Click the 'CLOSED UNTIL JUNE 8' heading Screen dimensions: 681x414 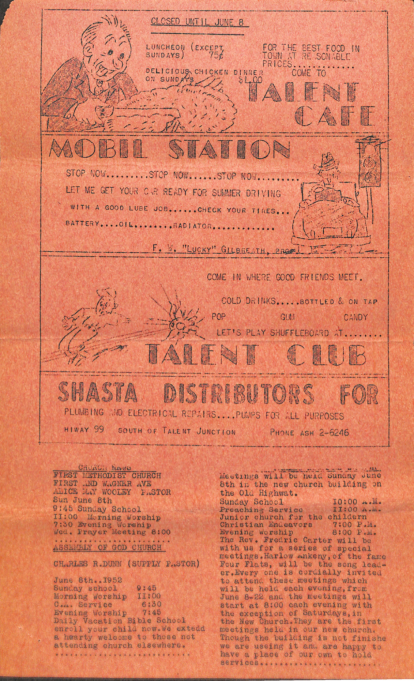[x=197, y=22]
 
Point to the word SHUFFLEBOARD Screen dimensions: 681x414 [x=299, y=333]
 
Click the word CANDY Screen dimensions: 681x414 [x=355, y=317]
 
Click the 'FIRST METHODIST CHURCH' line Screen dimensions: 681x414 [x=107, y=475]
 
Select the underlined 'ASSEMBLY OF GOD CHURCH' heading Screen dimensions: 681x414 [x=107, y=548]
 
